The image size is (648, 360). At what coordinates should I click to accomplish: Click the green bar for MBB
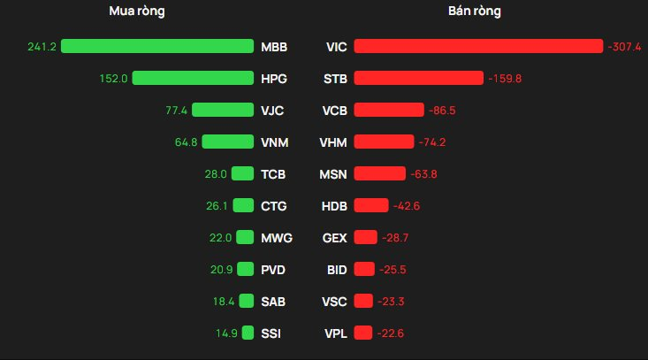pos(157,46)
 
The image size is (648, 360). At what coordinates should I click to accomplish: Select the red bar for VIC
pos(477,46)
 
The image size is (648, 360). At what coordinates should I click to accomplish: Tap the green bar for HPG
pos(193,78)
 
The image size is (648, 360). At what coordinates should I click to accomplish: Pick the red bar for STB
pos(418,78)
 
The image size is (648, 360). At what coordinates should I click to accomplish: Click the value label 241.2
pos(42,46)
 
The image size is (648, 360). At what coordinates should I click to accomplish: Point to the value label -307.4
pos(624,46)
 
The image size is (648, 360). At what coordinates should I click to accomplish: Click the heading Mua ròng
pos(136,11)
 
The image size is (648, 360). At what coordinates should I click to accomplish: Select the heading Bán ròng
pos(475,11)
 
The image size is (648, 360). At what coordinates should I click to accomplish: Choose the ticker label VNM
pos(275,142)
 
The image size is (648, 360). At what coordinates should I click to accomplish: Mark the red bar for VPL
pos(362,333)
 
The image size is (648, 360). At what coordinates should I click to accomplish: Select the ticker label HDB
pos(334,205)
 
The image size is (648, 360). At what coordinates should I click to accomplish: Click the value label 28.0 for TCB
pos(216,173)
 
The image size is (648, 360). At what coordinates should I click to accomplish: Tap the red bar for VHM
pos(384,142)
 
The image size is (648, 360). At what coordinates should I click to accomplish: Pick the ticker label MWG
pos(277,237)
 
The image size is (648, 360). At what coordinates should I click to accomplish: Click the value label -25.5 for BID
pos(393,269)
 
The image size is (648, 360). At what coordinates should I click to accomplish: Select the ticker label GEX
pos(335,237)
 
